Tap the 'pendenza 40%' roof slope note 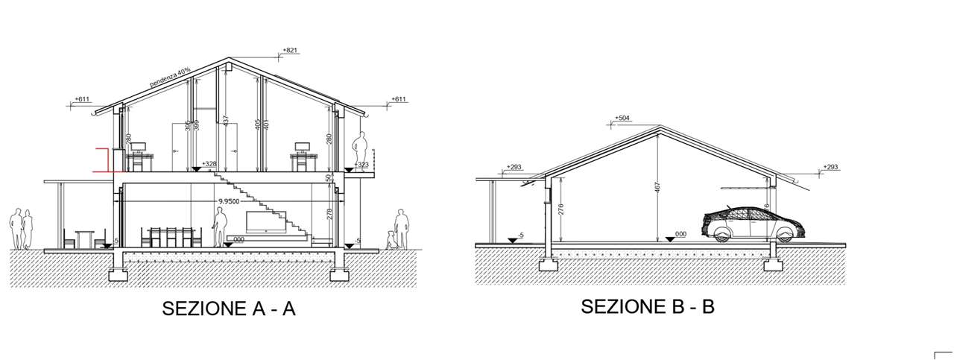170,78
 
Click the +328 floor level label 209,163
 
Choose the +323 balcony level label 363,164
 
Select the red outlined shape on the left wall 102,160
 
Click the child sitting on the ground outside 391,240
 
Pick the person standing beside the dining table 220,227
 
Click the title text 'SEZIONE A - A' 229,309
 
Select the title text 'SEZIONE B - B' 647,306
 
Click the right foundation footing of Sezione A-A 340,273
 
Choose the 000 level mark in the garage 680,234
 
